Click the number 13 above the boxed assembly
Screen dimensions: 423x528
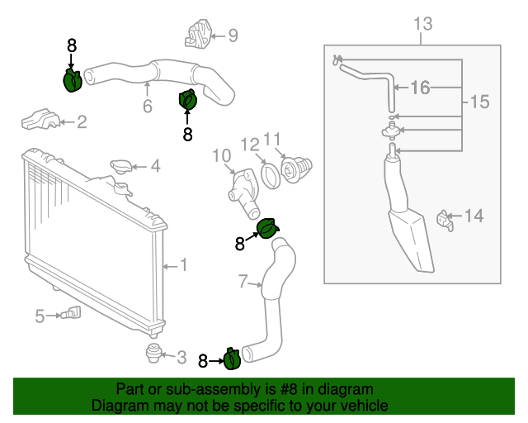tap(422, 24)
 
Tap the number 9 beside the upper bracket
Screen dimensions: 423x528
tap(233, 35)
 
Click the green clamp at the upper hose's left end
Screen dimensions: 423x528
tap(73, 80)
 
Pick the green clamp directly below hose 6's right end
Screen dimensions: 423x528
tap(188, 100)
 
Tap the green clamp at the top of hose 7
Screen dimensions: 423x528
tap(268, 229)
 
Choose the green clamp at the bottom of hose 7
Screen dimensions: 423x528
tap(233, 359)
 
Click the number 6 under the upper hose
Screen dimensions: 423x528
tap(148, 107)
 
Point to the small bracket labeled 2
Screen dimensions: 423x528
tap(41, 119)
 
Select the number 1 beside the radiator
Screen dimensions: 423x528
tap(184, 265)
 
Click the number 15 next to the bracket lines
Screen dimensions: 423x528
tap(479, 102)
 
